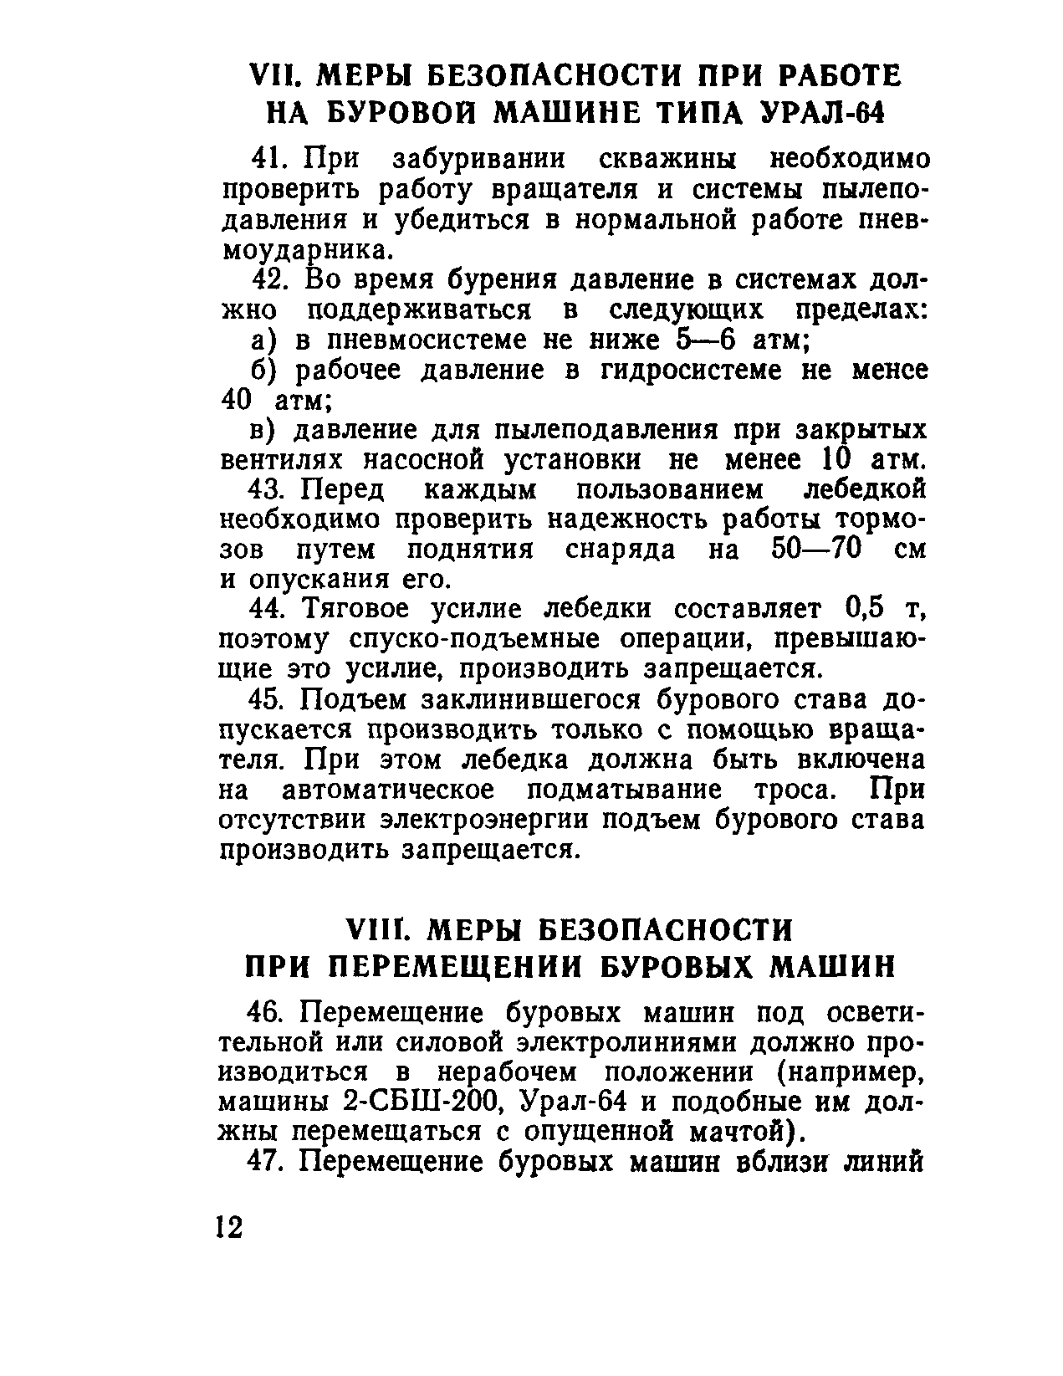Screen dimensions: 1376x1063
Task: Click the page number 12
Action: point(227,1227)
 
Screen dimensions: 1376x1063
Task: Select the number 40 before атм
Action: point(237,400)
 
